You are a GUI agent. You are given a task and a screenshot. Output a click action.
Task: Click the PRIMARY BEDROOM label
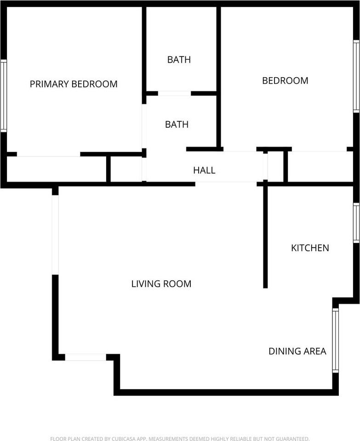click(74, 84)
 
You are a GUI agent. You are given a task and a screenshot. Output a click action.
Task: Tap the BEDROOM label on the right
click(285, 81)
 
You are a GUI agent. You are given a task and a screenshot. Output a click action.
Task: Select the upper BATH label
click(179, 60)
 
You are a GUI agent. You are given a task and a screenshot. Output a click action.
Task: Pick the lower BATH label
click(177, 124)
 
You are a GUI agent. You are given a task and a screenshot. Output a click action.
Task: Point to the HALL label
click(204, 170)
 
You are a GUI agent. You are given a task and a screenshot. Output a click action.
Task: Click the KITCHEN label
click(310, 248)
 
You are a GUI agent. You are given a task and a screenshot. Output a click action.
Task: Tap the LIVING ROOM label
click(161, 284)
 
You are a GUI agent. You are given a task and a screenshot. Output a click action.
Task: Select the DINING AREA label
click(297, 351)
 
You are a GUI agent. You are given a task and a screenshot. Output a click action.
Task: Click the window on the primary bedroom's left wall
click(4, 96)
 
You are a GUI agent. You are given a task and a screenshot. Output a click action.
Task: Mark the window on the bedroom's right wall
click(356, 77)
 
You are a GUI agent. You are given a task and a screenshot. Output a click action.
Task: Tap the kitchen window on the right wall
click(356, 223)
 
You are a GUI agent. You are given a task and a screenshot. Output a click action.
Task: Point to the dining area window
click(335, 340)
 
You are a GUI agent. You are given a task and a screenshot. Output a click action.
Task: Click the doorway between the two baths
click(174, 93)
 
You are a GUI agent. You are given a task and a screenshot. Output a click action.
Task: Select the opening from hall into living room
click(226, 183)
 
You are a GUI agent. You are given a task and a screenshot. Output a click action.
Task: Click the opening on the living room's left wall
click(55, 235)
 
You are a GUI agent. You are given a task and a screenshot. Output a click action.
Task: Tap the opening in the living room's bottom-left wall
click(86, 357)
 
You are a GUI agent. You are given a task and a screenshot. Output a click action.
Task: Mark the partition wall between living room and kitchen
click(265, 237)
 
